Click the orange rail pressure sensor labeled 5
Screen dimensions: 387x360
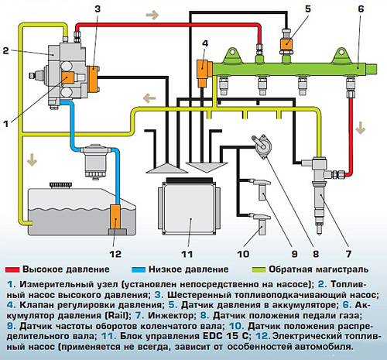tap(286, 43)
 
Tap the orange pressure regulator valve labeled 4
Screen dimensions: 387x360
tap(204, 73)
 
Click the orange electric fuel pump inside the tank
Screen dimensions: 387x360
tap(115, 217)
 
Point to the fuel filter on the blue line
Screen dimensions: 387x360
tap(95, 160)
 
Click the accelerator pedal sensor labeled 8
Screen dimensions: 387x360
tap(262, 146)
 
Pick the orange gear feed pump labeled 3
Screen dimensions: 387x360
tap(93, 79)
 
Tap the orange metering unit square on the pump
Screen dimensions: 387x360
tap(68, 77)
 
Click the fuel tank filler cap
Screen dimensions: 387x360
tap(61, 185)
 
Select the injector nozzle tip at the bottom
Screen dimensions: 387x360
tap(319, 229)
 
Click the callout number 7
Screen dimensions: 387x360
tap(348, 254)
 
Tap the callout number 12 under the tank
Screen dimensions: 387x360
tap(115, 254)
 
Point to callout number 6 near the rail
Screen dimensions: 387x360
tap(361, 9)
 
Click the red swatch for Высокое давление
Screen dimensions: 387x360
tap(12, 270)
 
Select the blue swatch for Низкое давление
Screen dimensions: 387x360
tap(139, 270)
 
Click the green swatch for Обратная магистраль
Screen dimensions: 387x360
tap(259, 270)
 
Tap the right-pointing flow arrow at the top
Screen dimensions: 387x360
tap(152, 15)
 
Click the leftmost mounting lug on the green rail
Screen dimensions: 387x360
tap(234, 56)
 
